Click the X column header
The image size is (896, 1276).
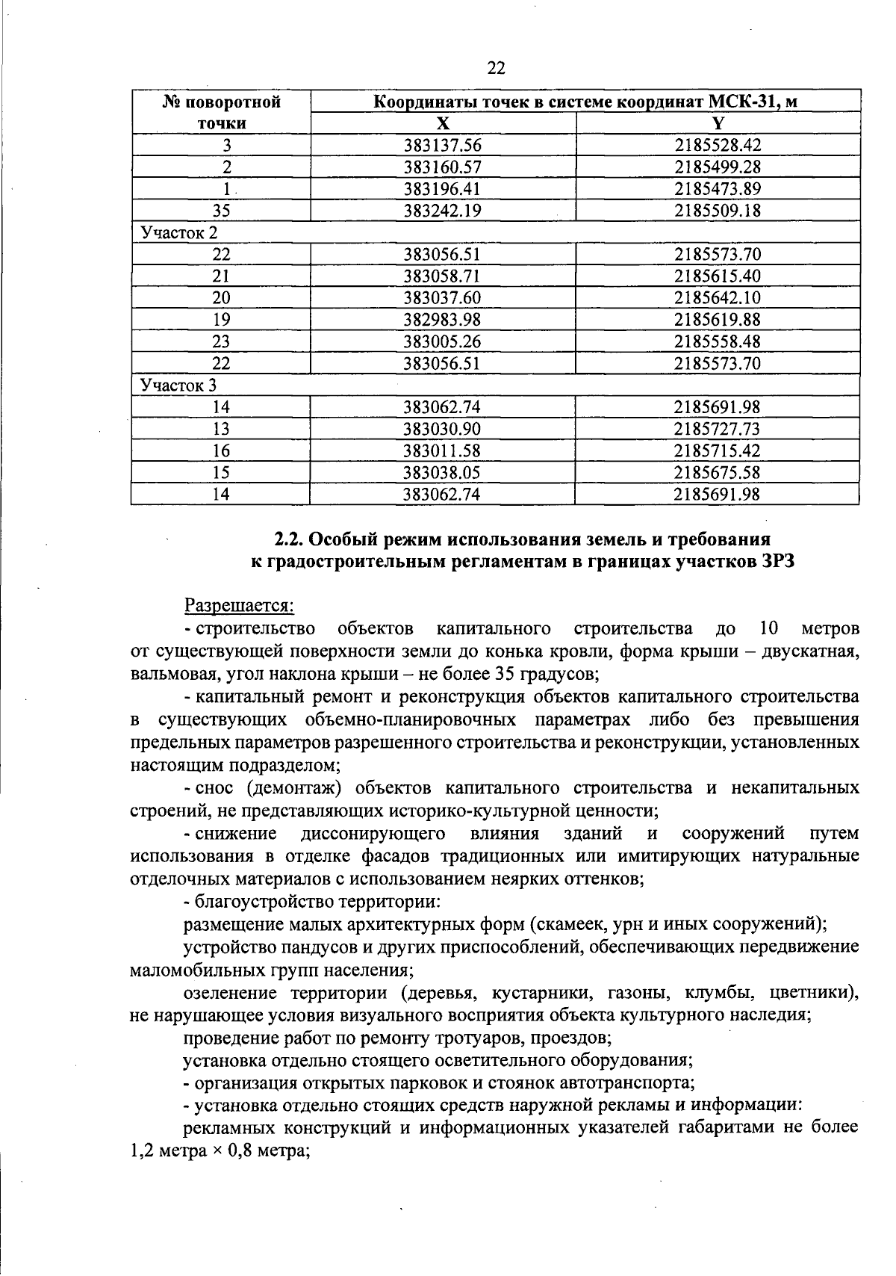click(x=444, y=124)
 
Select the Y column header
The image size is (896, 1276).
click(x=718, y=124)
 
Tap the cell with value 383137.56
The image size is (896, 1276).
click(x=443, y=146)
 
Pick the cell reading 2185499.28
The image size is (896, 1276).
click(x=718, y=167)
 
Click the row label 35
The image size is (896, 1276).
click(x=221, y=211)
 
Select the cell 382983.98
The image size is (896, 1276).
click(x=443, y=320)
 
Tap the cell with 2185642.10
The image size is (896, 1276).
click(x=718, y=298)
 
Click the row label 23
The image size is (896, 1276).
click(x=221, y=342)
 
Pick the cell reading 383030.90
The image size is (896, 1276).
click(x=443, y=429)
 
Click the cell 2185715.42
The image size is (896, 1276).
click(x=718, y=450)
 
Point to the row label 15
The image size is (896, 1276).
click(x=221, y=473)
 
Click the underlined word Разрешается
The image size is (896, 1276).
click(x=239, y=604)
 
